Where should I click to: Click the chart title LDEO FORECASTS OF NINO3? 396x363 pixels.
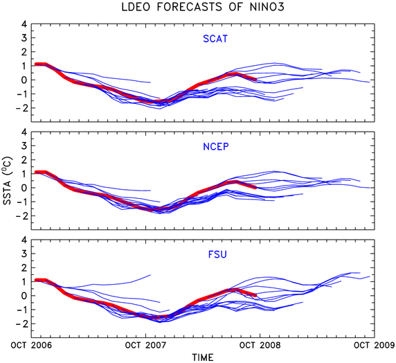[x=203, y=7]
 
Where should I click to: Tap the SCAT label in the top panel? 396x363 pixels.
[x=215, y=39]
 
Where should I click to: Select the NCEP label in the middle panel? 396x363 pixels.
[x=216, y=147]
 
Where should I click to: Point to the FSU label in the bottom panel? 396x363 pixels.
[x=217, y=254]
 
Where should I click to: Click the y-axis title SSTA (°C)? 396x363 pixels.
[x=7, y=181]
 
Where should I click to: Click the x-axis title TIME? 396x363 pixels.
[x=203, y=357]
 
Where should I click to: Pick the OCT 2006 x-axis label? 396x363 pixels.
[x=31, y=345]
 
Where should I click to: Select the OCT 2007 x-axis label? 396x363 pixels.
[x=145, y=345]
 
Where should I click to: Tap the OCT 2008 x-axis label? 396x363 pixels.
[x=260, y=345]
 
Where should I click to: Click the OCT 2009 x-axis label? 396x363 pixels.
[x=375, y=345]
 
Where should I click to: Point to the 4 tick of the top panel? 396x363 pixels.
[x=24, y=24]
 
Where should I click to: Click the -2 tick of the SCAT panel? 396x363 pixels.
[x=21, y=108]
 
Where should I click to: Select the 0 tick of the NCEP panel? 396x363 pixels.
[x=24, y=188]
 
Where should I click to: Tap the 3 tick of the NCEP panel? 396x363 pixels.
[x=24, y=146]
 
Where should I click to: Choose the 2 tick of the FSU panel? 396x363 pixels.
[x=24, y=267]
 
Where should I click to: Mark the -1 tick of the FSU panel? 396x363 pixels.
[x=21, y=310]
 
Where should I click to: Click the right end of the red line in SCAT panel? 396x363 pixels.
[x=256, y=80]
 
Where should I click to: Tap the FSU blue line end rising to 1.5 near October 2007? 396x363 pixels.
[x=150, y=275]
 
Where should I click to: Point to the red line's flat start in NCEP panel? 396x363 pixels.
[x=40, y=172]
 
